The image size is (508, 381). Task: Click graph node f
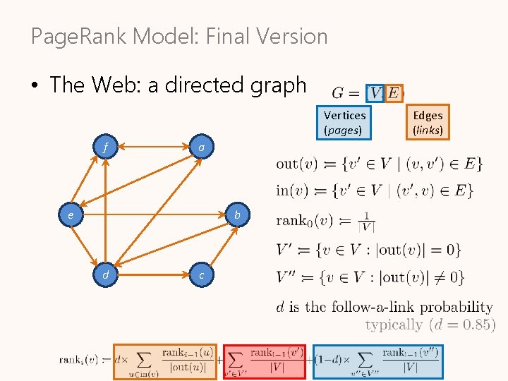(105, 148)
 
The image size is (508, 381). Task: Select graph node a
(202, 148)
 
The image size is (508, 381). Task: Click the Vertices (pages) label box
(344, 122)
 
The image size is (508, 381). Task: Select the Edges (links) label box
(428, 122)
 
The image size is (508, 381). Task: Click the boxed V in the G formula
(375, 92)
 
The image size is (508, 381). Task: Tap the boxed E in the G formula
(394, 92)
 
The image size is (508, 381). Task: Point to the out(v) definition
(379, 164)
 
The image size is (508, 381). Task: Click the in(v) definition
(375, 190)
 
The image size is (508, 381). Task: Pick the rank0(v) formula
(325, 221)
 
